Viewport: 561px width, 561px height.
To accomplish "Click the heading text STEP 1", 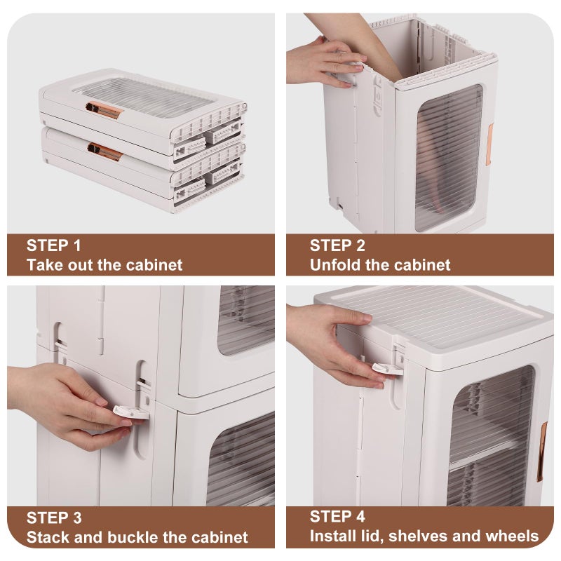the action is pyautogui.click(x=54, y=245).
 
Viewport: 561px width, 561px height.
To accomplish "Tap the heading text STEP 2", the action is pyautogui.click(x=337, y=245).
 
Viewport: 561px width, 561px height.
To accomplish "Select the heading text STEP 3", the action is pyautogui.click(x=54, y=518).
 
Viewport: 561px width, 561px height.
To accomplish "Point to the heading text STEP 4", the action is pyautogui.click(x=337, y=516).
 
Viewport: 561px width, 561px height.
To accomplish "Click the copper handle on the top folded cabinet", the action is pyautogui.click(x=104, y=109).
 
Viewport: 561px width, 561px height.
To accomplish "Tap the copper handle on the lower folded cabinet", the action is pyautogui.click(x=104, y=151).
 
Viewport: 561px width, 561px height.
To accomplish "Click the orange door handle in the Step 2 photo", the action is pyautogui.click(x=489, y=144).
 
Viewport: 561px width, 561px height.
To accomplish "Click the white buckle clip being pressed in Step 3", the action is pyautogui.click(x=130, y=412).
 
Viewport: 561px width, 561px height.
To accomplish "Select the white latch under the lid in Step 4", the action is pyautogui.click(x=388, y=370).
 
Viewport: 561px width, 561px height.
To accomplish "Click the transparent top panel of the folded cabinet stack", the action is pyautogui.click(x=143, y=97).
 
